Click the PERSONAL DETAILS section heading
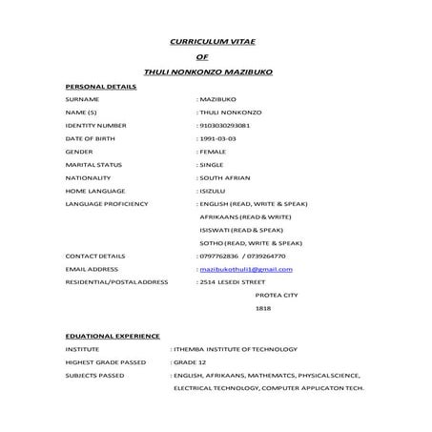coord(101,87)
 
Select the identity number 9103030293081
coord(224,125)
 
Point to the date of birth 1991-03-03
coord(217,138)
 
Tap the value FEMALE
coord(213,152)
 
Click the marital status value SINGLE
coord(212,164)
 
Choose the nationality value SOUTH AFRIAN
coord(226,177)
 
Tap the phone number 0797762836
coord(219,257)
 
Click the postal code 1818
coord(263,309)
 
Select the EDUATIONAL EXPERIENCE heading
coord(113,336)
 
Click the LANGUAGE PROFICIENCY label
coord(107,204)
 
